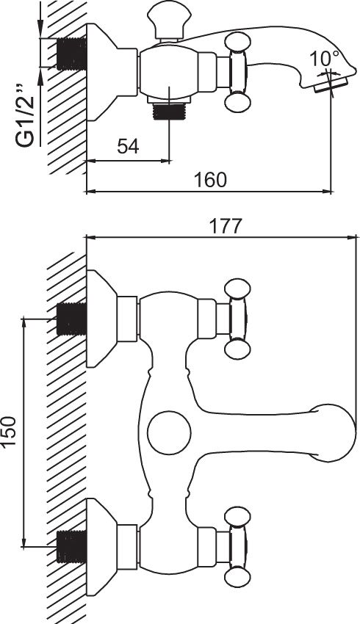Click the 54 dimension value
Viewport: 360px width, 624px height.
129,146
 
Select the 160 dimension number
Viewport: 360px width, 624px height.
210,179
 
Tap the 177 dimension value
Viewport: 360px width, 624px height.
226,226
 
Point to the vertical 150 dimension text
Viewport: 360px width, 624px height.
9,431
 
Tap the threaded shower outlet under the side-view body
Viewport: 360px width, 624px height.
169,111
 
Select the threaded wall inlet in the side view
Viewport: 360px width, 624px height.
72,54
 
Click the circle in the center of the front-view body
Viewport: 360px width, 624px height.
169,432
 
